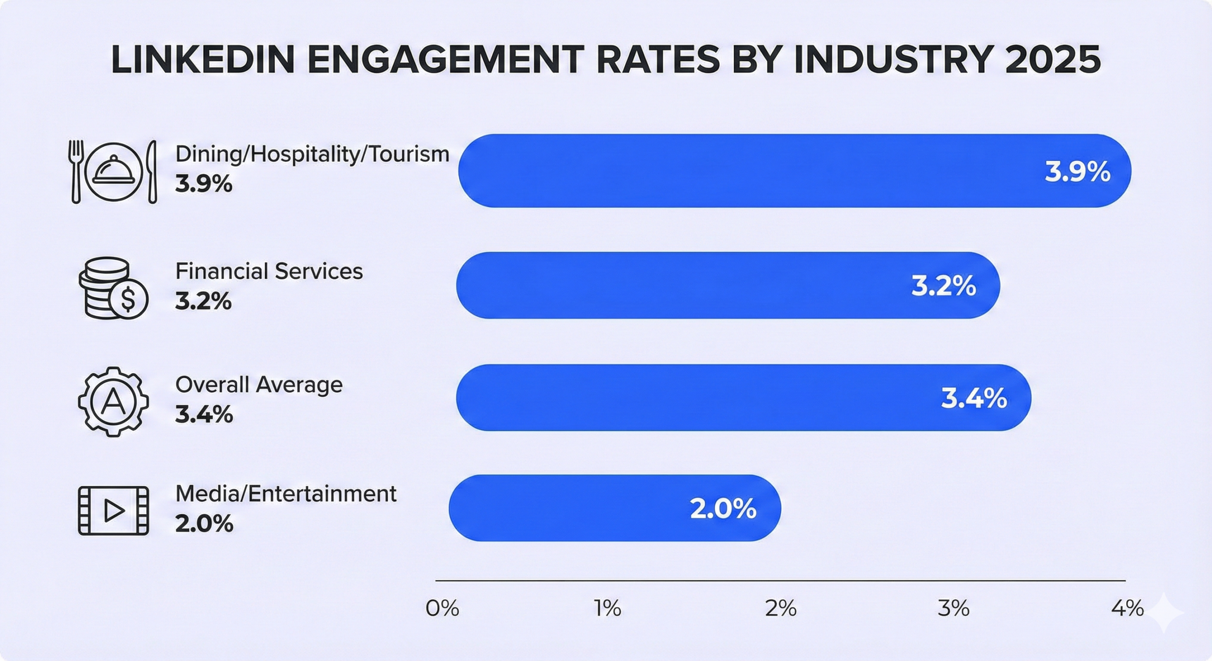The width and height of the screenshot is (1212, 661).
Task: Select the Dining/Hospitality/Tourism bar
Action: pos(794,171)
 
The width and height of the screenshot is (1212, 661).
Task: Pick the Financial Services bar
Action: pos(728,286)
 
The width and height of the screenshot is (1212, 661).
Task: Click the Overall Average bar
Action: pos(743,398)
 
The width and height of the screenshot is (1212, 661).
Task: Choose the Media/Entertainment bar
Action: pos(615,508)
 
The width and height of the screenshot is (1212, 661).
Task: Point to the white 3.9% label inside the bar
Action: pos(1077,172)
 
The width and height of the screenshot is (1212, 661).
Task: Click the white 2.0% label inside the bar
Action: pos(723,509)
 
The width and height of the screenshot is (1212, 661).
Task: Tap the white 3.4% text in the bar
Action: pos(973,398)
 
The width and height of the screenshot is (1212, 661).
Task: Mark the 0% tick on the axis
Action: pos(442,608)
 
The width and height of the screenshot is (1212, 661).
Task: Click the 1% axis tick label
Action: pos(607,608)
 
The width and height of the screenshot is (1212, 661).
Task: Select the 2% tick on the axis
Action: pos(781,608)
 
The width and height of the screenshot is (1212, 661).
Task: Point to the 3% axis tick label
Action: pos(953,608)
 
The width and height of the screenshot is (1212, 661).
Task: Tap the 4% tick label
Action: pos(1127,608)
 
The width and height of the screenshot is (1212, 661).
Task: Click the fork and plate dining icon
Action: pos(114,171)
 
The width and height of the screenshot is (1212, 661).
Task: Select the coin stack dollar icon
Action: pos(113,288)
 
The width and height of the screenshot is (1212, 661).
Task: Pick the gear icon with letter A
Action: pos(113,402)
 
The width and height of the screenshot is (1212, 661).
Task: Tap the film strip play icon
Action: pos(113,511)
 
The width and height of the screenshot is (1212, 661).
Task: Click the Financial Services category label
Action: pos(269,271)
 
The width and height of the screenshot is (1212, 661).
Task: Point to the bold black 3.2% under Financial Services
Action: pos(204,301)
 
